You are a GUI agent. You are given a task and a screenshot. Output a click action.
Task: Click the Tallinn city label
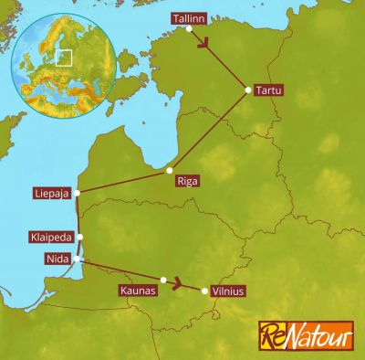[188, 18]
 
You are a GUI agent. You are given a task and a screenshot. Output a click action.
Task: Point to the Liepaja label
[51, 193]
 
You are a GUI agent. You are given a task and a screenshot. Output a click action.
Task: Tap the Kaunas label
[139, 291]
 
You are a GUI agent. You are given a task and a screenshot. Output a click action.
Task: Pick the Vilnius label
[228, 291]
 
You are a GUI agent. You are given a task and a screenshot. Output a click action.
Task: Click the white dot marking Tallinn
[189, 28]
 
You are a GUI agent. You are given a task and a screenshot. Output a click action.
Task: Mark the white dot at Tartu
[247, 89]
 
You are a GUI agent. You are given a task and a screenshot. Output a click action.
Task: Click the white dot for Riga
[170, 170]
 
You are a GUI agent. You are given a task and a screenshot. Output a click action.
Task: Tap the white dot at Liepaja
[78, 193]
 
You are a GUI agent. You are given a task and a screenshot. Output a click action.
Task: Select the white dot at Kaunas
[163, 280]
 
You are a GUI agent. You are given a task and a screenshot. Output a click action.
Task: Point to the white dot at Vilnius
[203, 291]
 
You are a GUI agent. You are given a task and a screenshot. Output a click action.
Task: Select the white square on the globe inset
[64, 57]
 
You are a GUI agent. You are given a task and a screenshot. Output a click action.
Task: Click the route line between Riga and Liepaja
[123, 182]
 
